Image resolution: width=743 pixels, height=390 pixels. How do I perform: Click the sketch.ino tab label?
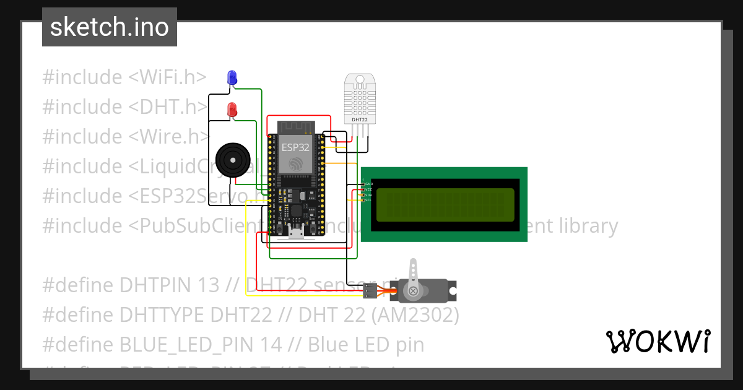click(109, 27)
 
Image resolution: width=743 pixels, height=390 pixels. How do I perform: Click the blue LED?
click(232, 77)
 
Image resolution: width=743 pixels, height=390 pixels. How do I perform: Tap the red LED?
click(232, 110)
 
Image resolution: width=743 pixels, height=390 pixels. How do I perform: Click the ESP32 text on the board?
click(295, 147)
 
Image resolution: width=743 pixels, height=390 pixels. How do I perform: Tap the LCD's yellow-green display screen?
click(445, 205)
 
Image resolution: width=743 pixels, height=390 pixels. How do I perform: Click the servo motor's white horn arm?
click(412, 273)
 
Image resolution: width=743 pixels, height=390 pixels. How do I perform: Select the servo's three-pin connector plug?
click(370, 291)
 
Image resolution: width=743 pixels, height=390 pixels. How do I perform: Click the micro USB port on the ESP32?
click(297, 233)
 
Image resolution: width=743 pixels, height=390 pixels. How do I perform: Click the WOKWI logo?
click(658, 341)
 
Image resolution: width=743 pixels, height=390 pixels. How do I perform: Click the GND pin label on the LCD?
click(368, 184)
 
